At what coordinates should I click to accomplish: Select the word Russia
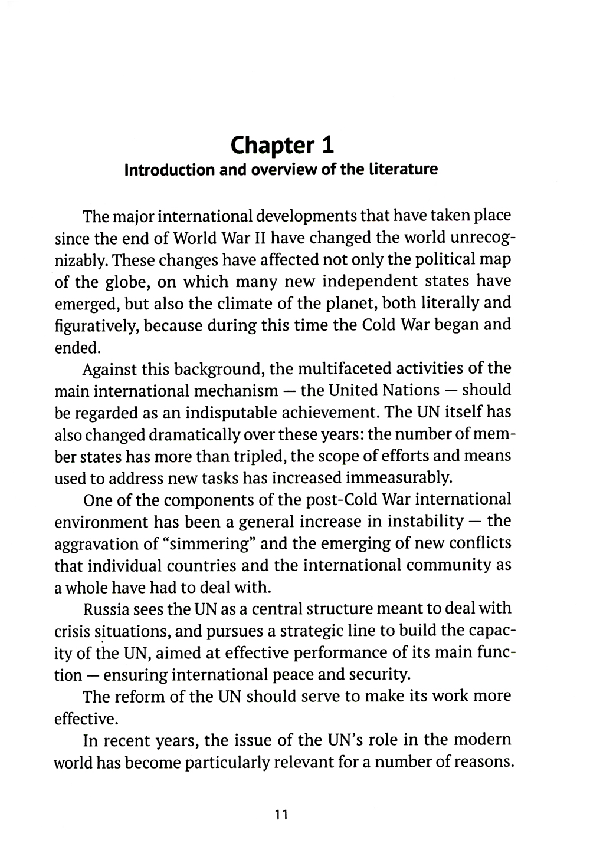tap(109, 609)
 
